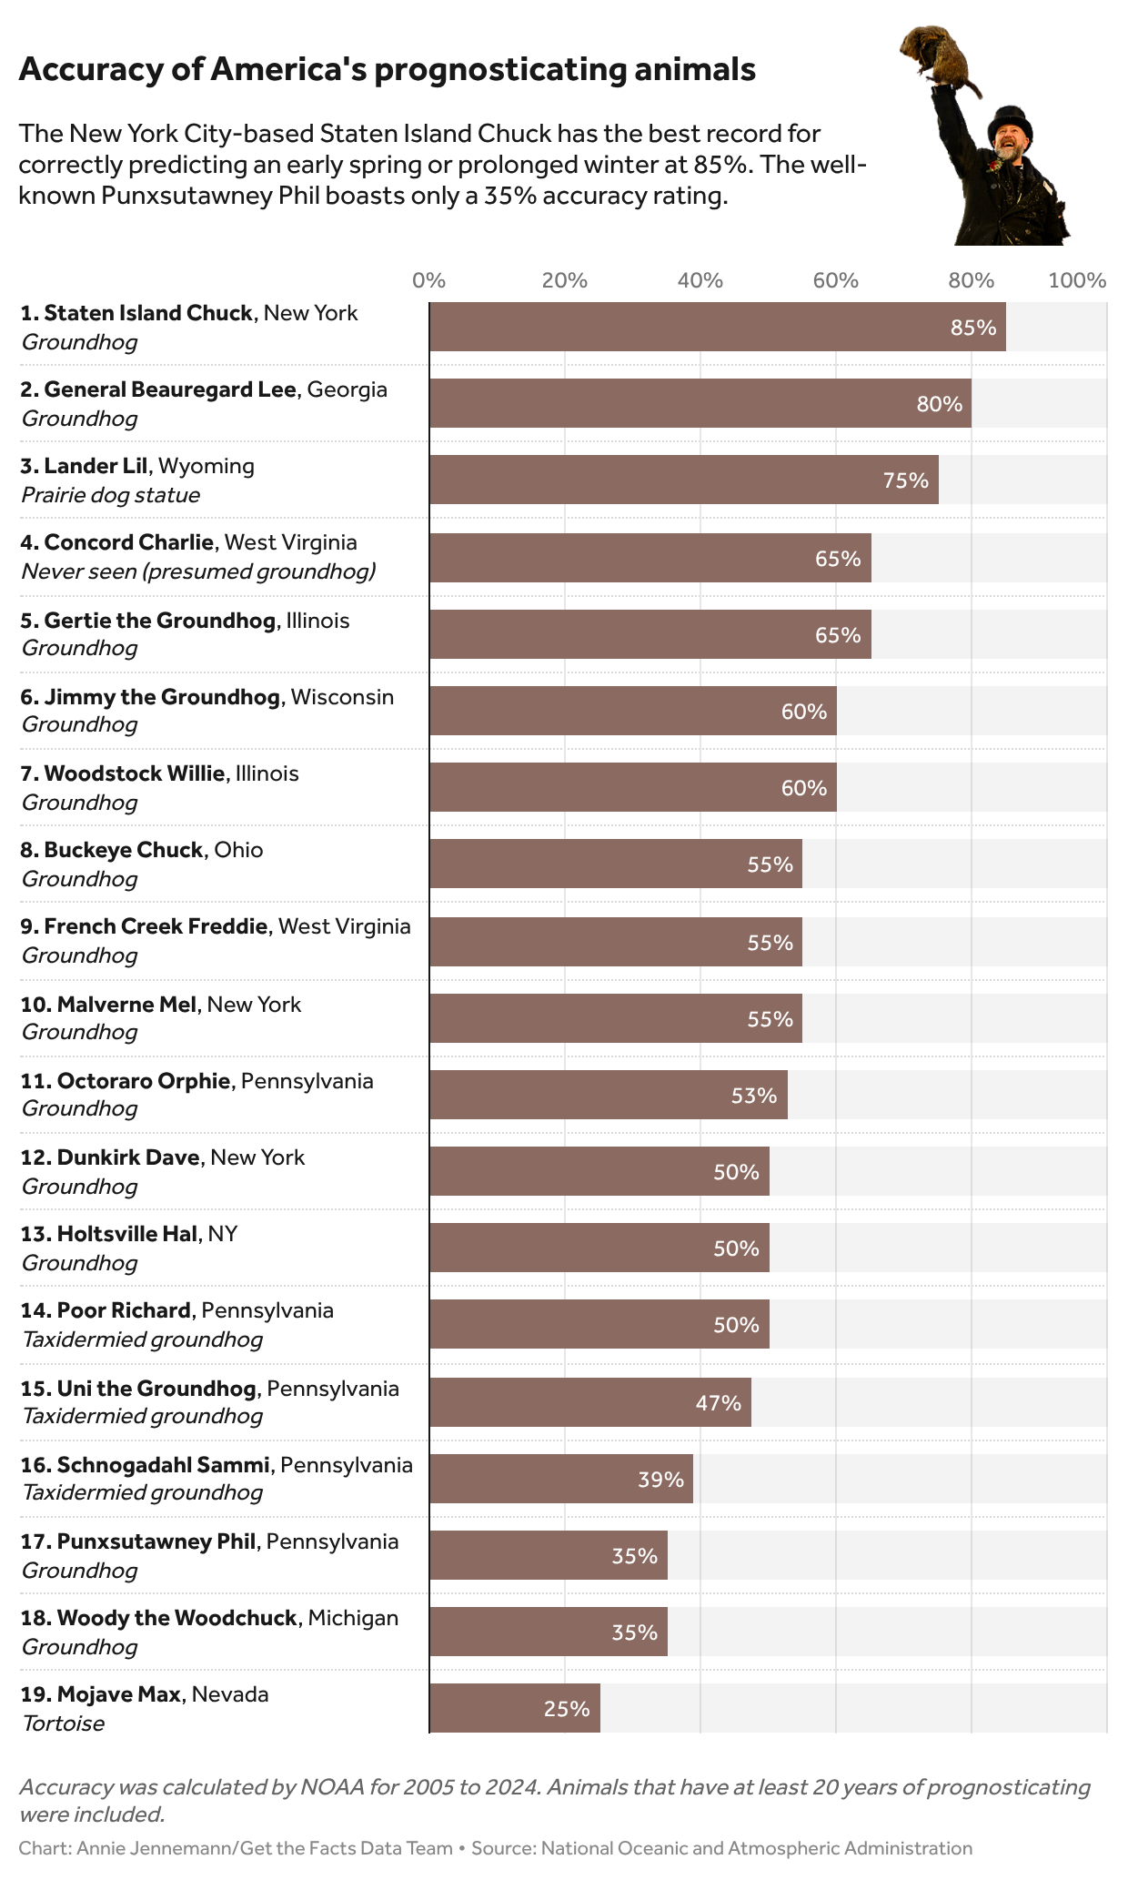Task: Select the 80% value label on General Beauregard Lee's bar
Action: [939, 404]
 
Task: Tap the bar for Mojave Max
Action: [514, 1708]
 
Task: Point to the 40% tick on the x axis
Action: [700, 280]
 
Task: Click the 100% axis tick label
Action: [1077, 280]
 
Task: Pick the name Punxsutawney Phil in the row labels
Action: [156, 1541]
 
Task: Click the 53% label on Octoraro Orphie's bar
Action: [754, 1096]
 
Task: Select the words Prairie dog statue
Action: [110, 495]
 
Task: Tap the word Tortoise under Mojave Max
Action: [63, 1723]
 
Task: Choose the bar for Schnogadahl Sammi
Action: [560, 1479]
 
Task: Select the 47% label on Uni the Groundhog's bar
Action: [718, 1402]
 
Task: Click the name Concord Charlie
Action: [128, 542]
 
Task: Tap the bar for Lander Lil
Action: [683, 480]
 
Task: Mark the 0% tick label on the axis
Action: [429, 280]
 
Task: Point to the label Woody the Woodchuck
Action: [176, 1618]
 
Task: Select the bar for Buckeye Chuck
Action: [615, 864]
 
